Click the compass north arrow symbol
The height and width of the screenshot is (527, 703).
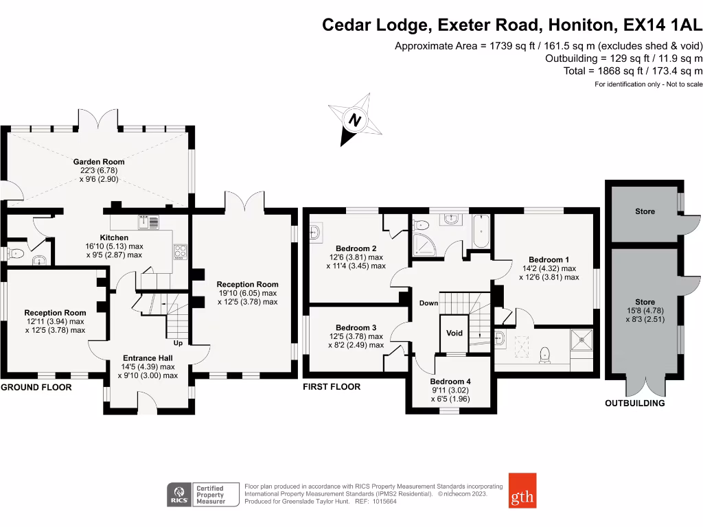coord(355,121)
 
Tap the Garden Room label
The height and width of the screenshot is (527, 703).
coord(99,162)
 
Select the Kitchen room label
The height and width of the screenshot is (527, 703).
coord(113,237)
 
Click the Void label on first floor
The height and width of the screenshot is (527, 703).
coord(454,333)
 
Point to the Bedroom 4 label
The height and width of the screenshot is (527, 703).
coord(450,382)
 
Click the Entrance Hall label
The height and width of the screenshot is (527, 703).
coord(148,358)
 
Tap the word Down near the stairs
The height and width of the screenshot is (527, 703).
coord(428,303)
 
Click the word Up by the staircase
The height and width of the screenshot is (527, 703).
coord(178,342)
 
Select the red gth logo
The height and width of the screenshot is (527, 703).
coord(522,490)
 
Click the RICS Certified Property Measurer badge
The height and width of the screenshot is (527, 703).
coord(203,494)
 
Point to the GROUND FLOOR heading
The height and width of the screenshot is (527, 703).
coord(36,387)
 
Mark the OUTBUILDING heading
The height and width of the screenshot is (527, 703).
coord(634,403)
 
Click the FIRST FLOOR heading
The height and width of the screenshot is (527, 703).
coord(332,387)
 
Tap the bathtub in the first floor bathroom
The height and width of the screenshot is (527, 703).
coord(481,231)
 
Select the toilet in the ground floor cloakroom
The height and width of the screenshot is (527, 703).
coord(16,255)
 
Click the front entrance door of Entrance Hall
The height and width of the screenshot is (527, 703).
coord(148,405)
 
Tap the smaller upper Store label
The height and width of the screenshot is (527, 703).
coord(645,211)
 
